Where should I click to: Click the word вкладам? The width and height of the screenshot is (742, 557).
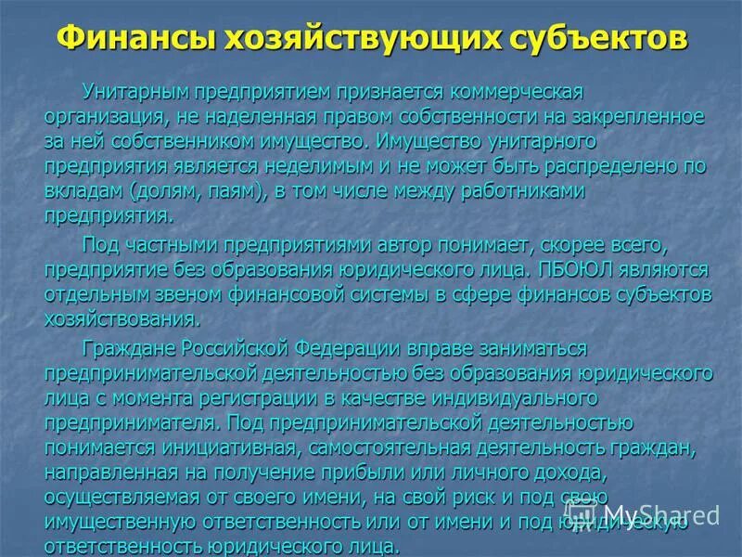pyautogui.click(x=86, y=190)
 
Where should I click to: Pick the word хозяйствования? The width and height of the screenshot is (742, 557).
pyautogui.click(x=121, y=318)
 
